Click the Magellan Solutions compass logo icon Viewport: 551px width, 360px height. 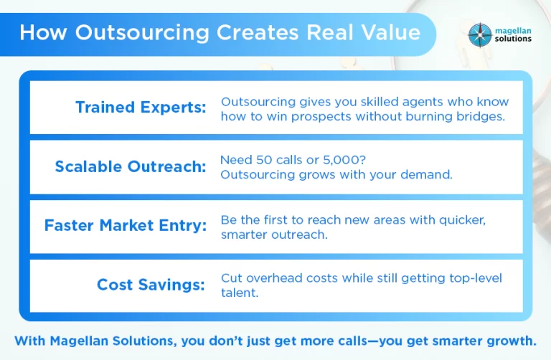coord(480,35)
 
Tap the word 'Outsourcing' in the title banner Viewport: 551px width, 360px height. coord(142,33)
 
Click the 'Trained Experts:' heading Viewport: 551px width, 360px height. coord(141,107)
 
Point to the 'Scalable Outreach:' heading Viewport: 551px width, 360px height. coord(131,166)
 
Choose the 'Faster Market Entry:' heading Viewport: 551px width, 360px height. coord(126,225)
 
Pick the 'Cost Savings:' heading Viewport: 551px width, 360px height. coord(151,285)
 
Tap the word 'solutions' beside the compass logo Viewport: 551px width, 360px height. coord(513,39)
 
